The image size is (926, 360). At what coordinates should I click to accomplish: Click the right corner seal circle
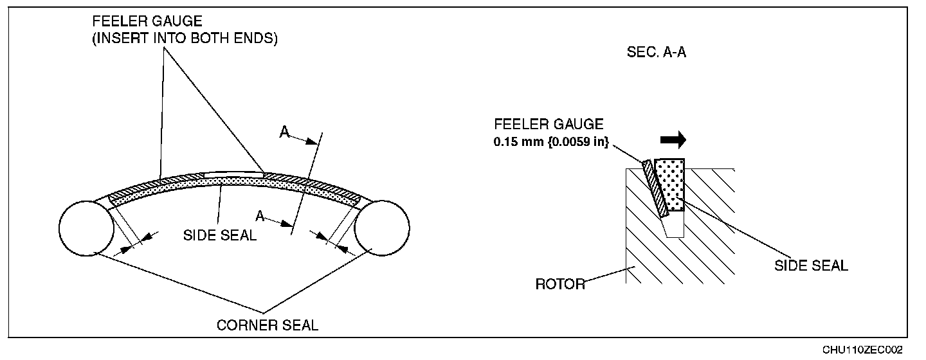point(382,228)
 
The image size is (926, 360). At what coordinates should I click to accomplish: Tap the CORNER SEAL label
point(268,325)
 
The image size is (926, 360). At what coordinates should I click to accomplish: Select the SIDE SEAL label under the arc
point(220,235)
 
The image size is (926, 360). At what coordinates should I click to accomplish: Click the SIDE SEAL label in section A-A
point(811,265)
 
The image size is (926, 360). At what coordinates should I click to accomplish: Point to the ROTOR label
point(560,283)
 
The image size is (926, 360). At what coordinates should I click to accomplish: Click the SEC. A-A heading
point(657,53)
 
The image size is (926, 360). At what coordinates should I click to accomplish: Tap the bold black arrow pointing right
point(673,139)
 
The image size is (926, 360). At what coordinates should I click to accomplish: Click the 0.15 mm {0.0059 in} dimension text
point(551,141)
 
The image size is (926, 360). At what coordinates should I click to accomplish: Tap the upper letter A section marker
point(284,132)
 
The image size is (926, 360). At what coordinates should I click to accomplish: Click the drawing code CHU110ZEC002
point(862,349)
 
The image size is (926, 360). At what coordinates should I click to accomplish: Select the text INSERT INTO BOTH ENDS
point(185,38)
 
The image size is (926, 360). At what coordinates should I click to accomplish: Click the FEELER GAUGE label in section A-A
point(549,124)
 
